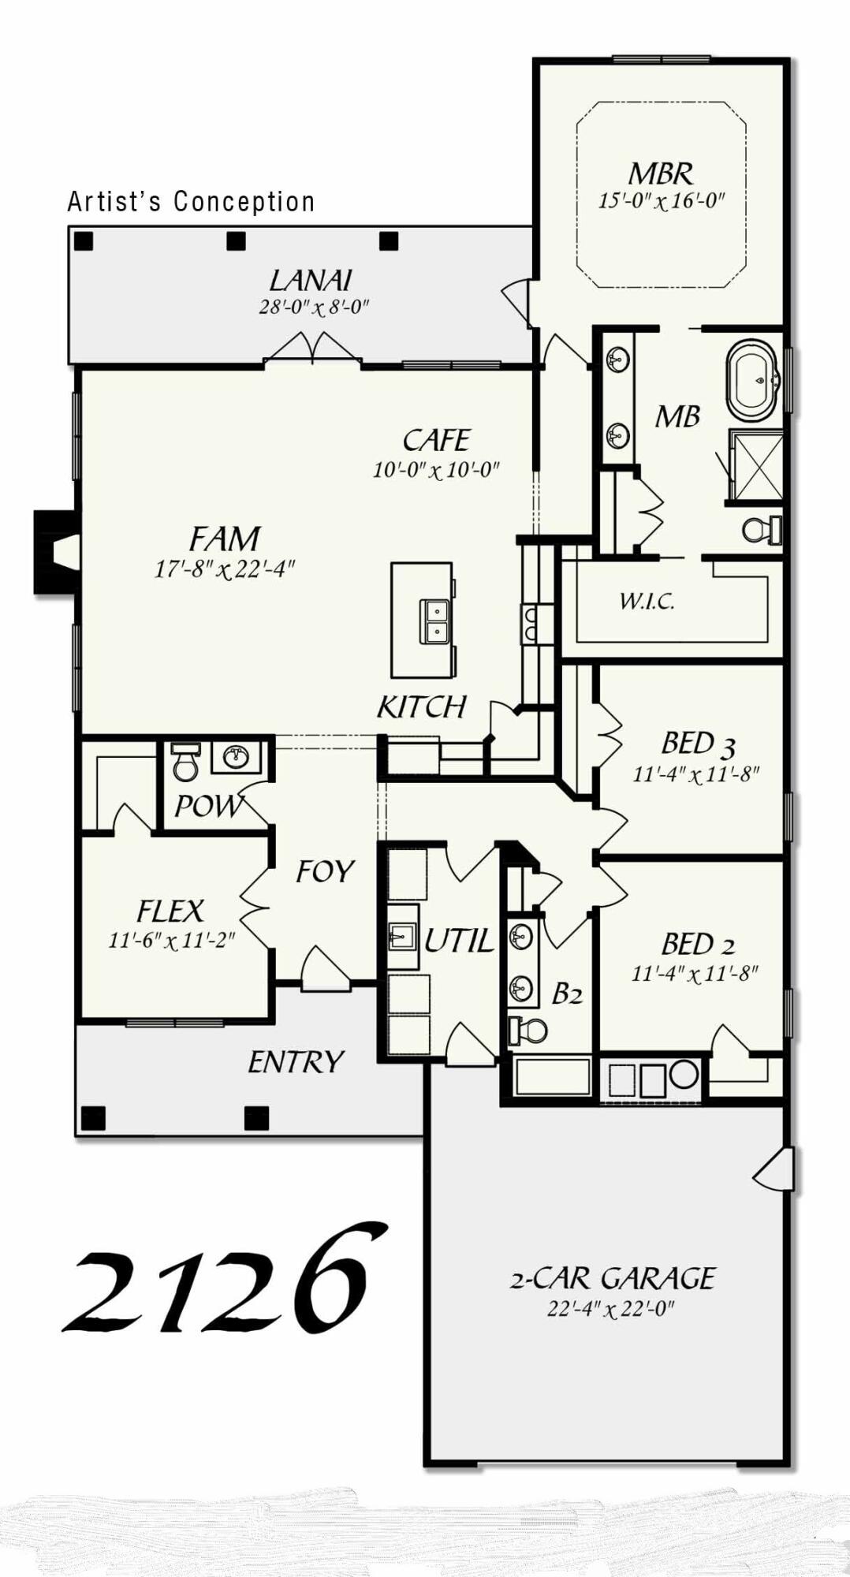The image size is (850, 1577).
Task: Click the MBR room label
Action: point(661,173)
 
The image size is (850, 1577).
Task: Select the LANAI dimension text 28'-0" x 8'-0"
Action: point(314,308)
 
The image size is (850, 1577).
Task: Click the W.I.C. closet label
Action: point(647,602)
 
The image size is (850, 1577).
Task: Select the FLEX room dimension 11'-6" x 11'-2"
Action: point(172,940)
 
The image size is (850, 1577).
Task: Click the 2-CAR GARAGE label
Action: point(612,1278)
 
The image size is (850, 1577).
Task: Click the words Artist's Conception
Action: point(191,202)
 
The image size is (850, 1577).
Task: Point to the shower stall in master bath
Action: point(755,465)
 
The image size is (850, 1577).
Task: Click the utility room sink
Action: point(402,937)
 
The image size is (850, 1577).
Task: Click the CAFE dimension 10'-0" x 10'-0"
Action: point(436,470)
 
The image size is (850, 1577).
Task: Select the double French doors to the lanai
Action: point(313,349)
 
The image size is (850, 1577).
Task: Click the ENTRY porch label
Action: point(296,1062)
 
